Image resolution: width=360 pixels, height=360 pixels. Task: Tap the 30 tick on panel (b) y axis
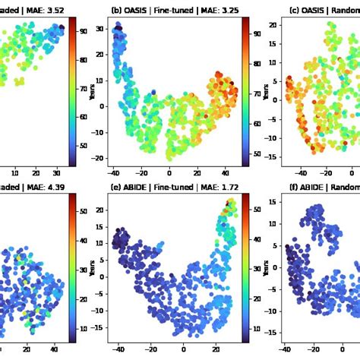99,28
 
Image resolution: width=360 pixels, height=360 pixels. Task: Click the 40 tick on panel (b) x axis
226,173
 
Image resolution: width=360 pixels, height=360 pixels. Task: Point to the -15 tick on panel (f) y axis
273,330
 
